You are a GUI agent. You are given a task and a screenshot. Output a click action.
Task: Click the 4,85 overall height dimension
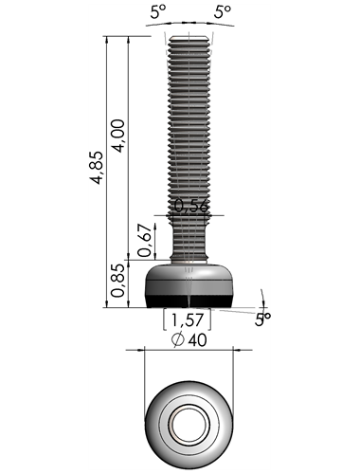(97, 168)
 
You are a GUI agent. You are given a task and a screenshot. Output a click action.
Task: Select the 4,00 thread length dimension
(118, 136)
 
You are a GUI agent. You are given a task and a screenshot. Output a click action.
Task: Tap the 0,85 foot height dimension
(117, 281)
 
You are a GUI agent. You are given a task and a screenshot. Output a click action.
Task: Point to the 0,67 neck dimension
(145, 240)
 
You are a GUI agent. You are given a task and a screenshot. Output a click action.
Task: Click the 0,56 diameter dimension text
(191, 206)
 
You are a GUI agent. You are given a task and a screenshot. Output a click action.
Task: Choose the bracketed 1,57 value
(187, 319)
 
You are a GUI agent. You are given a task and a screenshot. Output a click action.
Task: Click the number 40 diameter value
(197, 340)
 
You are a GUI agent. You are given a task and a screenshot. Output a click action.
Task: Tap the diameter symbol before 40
(178, 340)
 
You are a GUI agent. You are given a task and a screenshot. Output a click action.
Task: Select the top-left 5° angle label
(157, 12)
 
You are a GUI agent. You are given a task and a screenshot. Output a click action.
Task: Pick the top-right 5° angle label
(222, 12)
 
